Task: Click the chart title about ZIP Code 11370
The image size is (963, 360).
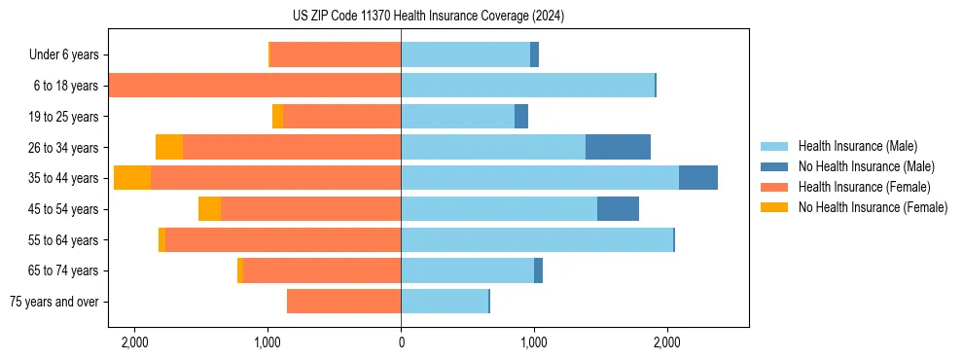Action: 428,16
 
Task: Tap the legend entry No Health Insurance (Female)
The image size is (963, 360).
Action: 873,207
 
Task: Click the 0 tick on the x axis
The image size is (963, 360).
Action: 401,342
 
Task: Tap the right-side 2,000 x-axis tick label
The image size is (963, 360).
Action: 666,342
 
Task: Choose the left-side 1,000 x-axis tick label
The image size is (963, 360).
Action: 267,342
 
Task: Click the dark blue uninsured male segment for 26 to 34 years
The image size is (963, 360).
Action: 618,147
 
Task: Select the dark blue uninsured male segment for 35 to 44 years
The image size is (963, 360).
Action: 698,178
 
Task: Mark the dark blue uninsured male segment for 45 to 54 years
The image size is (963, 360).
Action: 618,209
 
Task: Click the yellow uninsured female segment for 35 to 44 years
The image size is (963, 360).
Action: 132,178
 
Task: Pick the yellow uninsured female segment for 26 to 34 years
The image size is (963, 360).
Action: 169,147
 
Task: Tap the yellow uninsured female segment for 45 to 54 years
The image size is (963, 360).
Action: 209,209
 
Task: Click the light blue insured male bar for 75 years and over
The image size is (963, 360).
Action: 445,302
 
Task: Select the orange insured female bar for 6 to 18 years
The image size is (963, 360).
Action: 255,86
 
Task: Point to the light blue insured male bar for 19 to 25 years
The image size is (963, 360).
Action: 457,117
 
